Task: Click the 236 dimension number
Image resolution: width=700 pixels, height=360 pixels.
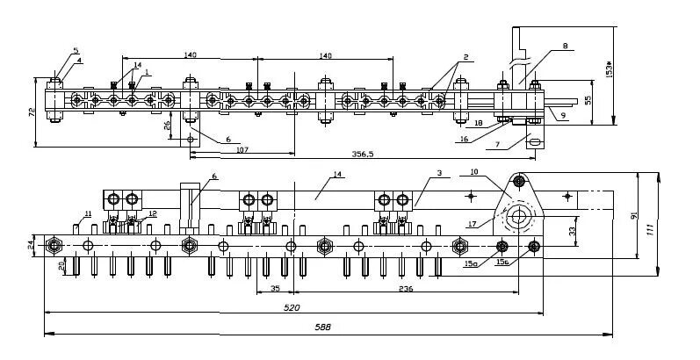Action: (x=406, y=288)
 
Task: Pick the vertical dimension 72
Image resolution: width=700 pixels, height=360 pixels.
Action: (x=31, y=113)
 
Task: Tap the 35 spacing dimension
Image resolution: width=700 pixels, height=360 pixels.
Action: (x=275, y=288)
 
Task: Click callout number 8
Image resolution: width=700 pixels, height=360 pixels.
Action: (x=565, y=45)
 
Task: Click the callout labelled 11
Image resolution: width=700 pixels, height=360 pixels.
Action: (x=88, y=213)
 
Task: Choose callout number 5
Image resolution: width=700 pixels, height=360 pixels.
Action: (x=75, y=51)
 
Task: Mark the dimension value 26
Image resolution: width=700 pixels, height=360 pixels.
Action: (x=168, y=126)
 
